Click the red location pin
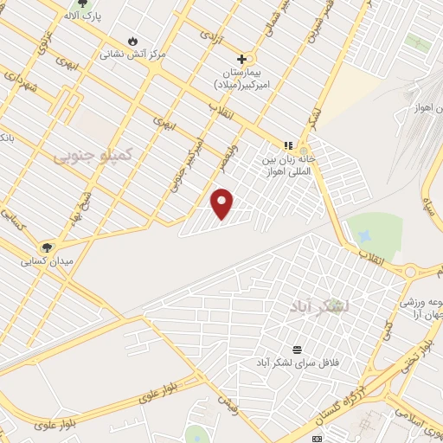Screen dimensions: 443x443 point(222,202)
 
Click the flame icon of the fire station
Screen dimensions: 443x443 point(132,41)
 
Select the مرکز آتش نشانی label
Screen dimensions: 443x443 point(132,54)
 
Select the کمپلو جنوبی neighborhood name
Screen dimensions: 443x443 point(93,155)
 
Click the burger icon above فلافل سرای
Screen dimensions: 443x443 point(298,349)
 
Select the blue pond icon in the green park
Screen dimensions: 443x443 point(365,235)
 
